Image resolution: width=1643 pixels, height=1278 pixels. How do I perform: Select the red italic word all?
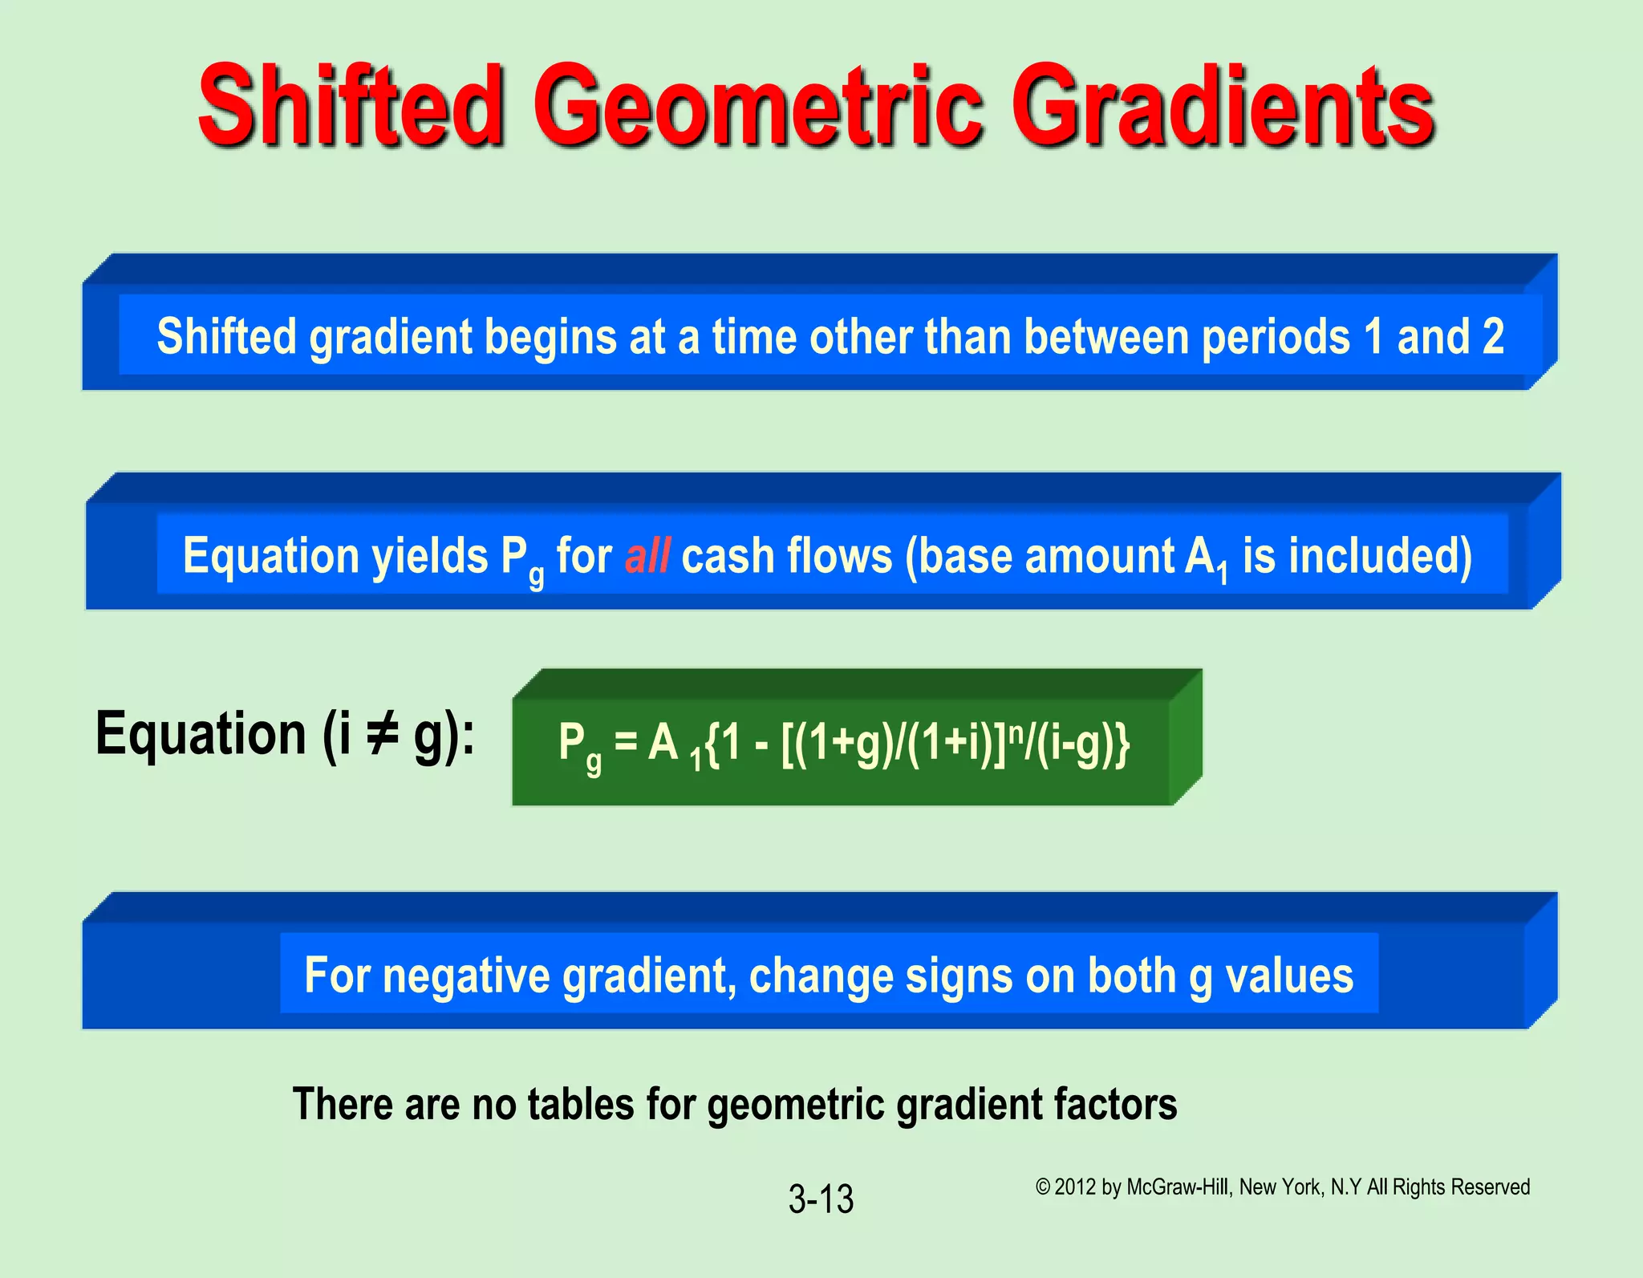[x=647, y=556]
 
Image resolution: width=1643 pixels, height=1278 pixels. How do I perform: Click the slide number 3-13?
[x=821, y=1199]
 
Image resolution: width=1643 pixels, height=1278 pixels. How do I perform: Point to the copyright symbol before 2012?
[x=1042, y=1187]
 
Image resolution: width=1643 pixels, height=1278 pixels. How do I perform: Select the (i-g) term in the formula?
[x=1075, y=744]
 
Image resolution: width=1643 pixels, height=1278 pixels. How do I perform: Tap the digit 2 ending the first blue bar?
[x=1493, y=336]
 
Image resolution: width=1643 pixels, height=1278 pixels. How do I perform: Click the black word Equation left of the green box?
[x=201, y=734]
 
